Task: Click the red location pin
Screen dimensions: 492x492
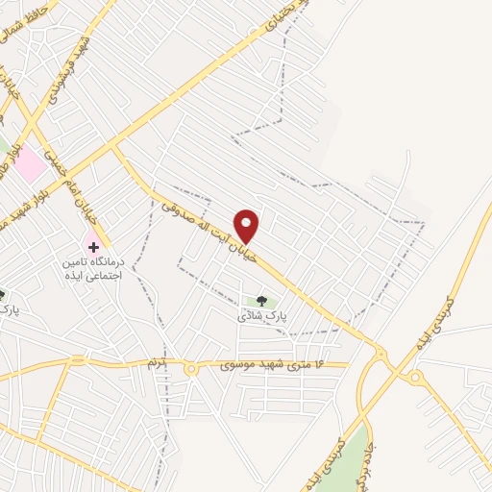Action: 248,226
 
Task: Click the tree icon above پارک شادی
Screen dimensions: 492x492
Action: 261,300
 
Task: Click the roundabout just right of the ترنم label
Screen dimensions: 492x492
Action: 191,369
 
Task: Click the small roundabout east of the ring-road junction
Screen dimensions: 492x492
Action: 415,378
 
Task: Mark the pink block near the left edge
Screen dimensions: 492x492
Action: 29,164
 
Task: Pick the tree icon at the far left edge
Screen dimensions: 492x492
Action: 3,295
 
